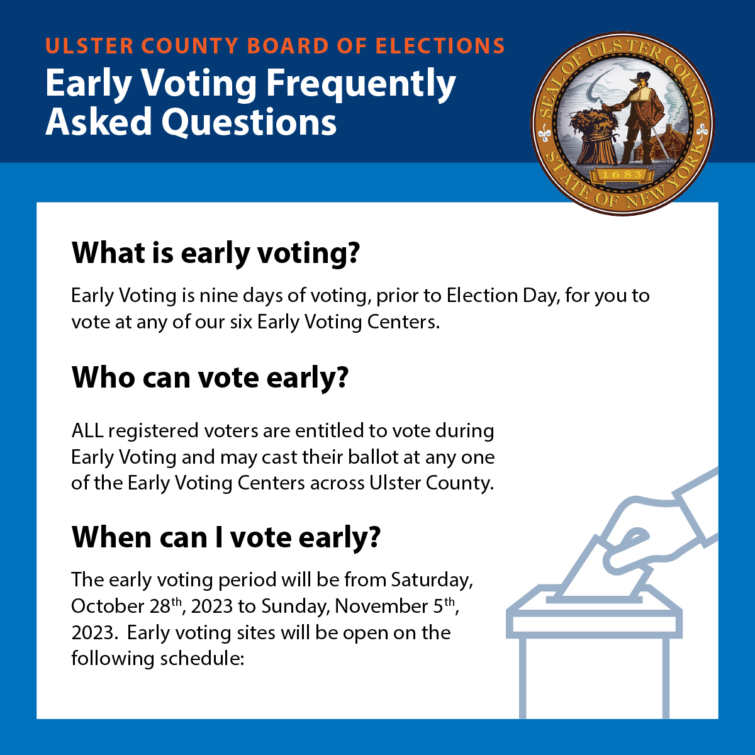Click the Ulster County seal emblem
[x=623, y=123]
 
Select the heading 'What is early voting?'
[x=215, y=253]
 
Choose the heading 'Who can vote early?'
[x=210, y=377]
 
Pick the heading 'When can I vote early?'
[x=226, y=537]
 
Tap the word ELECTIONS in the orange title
[x=440, y=46]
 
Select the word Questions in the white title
[x=249, y=121]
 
